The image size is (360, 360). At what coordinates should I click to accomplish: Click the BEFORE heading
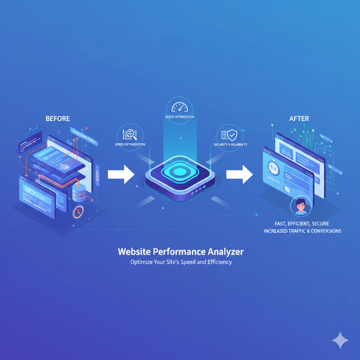pyautogui.click(x=58, y=118)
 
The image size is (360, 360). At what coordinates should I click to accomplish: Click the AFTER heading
pyautogui.click(x=299, y=118)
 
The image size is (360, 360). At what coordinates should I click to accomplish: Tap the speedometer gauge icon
pyautogui.click(x=179, y=107)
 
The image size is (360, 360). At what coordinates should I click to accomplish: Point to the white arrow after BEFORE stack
pyautogui.click(x=121, y=174)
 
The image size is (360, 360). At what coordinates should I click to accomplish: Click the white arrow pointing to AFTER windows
pyautogui.click(x=239, y=174)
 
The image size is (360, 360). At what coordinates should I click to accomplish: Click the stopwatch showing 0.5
pyautogui.click(x=274, y=168)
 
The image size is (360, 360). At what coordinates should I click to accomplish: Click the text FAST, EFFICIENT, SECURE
pyautogui.click(x=302, y=224)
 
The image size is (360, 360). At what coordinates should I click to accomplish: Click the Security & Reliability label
pyautogui.click(x=231, y=144)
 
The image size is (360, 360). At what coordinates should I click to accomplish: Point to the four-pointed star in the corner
pyautogui.click(x=340, y=340)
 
